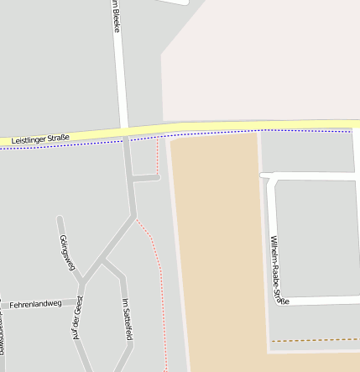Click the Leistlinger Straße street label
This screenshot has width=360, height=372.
tap(40, 137)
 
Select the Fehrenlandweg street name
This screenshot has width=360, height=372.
tap(35, 303)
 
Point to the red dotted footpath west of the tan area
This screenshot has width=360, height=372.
tap(155, 252)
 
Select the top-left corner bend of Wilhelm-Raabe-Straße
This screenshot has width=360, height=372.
tap(269, 176)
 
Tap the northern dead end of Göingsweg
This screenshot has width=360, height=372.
tap(59, 219)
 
